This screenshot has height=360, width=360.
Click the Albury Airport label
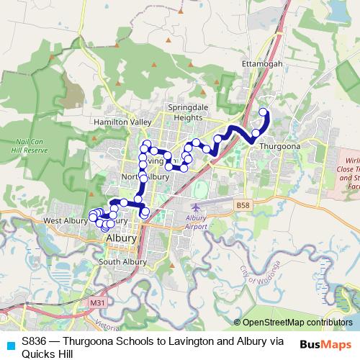point(196,222)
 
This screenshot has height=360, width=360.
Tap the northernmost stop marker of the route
point(263,112)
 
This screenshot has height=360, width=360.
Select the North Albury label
point(145,176)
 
